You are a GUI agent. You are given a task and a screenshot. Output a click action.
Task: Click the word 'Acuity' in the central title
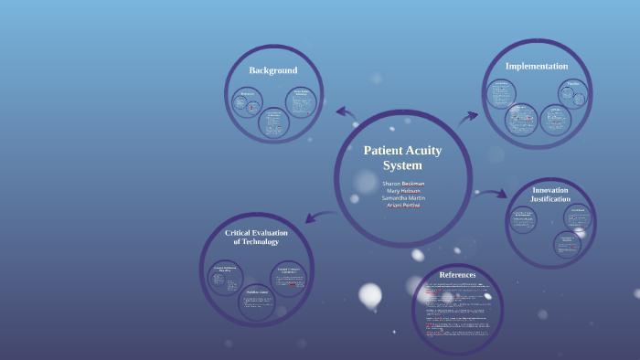pyautogui.click(x=423, y=151)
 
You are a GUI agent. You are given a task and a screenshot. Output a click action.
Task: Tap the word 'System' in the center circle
pyautogui.click(x=402, y=166)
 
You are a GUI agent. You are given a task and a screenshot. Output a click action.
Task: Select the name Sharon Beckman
pyautogui.click(x=403, y=184)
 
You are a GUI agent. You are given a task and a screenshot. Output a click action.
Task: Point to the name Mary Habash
pyautogui.click(x=403, y=191)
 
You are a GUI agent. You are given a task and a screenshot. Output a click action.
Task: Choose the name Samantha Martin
pyautogui.click(x=403, y=198)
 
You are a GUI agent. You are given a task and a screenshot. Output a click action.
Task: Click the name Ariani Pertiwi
pyautogui.click(x=403, y=206)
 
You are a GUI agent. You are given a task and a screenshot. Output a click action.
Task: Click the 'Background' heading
pyautogui.click(x=272, y=70)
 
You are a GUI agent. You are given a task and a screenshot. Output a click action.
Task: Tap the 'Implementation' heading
pyautogui.click(x=537, y=66)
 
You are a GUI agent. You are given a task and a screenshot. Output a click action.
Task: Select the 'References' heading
pyautogui.click(x=457, y=274)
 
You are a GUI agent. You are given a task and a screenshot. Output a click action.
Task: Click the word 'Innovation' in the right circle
pyautogui.click(x=550, y=190)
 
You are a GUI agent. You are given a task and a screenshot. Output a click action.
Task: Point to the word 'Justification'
pyautogui.click(x=550, y=199)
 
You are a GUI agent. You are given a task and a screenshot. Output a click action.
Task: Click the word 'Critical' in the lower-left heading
pyautogui.click(x=240, y=233)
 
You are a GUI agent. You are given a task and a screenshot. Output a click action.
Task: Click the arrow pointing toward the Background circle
pyautogui.click(x=346, y=112)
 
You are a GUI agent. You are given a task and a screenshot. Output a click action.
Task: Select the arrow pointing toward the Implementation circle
pyautogui.click(x=468, y=116)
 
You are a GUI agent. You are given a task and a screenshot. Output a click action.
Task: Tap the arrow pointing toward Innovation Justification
pyautogui.click(x=495, y=194)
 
